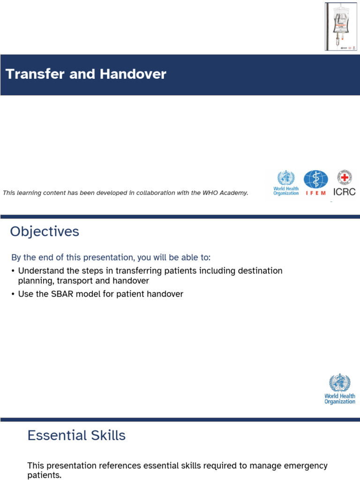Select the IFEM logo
pos(315,183)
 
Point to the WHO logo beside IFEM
pos(286,183)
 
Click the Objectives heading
pos(45,232)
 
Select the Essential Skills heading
pos(76,435)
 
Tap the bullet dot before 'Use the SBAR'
pos(13,294)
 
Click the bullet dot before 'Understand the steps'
pos(13,271)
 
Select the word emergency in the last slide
pos(304,466)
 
